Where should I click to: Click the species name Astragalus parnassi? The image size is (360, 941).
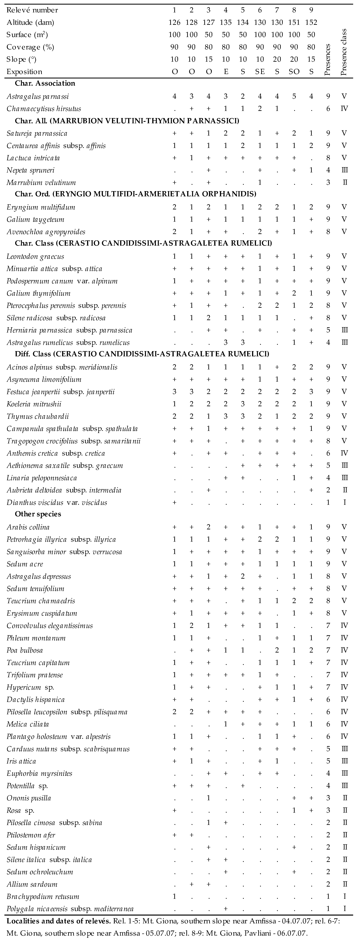[x=38, y=96]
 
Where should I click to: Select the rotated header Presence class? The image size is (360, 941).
[x=343, y=52]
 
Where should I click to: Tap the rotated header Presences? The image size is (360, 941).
[x=328, y=60]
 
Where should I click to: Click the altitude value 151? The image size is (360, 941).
[x=294, y=22]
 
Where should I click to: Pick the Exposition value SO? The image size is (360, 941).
[x=294, y=72]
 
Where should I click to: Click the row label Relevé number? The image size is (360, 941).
[x=32, y=10]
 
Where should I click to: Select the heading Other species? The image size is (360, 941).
[x=38, y=514]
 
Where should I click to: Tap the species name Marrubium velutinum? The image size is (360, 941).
[x=41, y=183]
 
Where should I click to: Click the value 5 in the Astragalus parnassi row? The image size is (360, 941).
[x=294, y=96]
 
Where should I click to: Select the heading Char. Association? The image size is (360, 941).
[x=45, y=83]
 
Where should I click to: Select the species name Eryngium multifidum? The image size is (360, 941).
[x=41, y=207]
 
